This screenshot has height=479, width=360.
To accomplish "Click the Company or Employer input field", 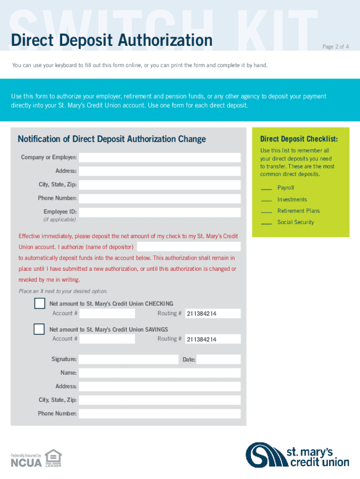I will [159, 158].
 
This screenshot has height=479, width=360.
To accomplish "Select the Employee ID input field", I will [159, 212].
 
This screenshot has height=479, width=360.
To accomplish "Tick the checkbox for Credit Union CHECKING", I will [39, 304].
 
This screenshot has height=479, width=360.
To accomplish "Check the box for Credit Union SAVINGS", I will [39, 329].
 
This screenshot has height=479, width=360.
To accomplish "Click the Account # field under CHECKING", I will [107, 313].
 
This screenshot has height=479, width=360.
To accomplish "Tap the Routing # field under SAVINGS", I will [212, 339].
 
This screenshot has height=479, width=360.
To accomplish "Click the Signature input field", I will [129, 360].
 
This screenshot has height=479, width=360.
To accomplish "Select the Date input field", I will [218, 360].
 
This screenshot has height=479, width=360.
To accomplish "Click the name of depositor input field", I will [188, 247].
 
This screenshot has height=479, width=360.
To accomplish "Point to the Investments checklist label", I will [292, 200].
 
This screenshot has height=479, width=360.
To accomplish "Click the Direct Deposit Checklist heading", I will [299, 139].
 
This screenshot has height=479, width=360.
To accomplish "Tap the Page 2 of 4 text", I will [336, 47].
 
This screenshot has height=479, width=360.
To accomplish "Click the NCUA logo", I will [26, 463].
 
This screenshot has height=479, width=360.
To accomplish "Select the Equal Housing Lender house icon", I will [53, 457].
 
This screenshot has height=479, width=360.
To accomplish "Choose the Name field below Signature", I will [159, 373].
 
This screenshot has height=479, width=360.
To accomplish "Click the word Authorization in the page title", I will [166, 40].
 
